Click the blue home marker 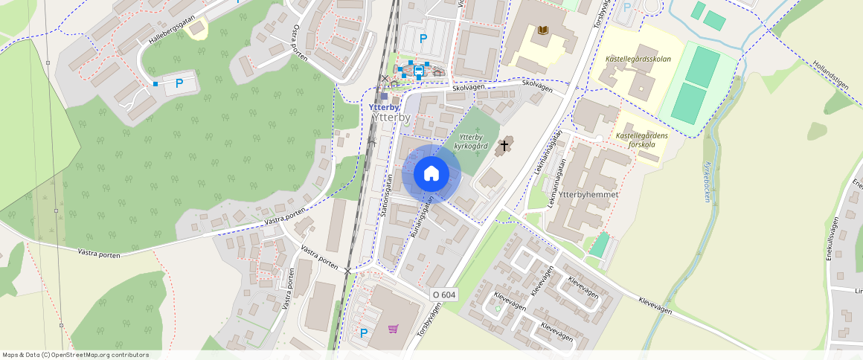click(431, 173)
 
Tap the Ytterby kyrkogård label click(471, 141)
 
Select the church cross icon click(504, 145)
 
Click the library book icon click(542, 30)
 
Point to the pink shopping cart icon click(393, 329)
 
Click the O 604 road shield click(443, 295)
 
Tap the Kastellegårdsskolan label click(639, 58)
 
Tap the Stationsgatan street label click(387, 195)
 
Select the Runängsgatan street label click(420, 220)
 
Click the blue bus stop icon click(419, 71)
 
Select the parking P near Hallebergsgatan click(179, 83)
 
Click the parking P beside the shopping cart click(364, 332)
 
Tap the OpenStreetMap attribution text click(75, 355)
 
